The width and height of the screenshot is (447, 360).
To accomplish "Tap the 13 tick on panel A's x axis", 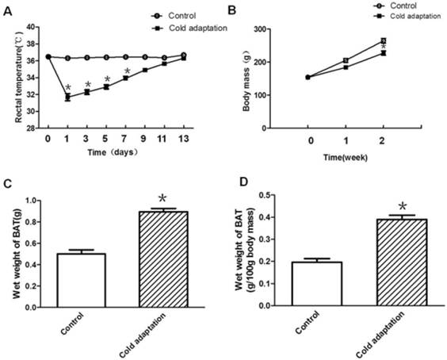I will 183,140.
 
